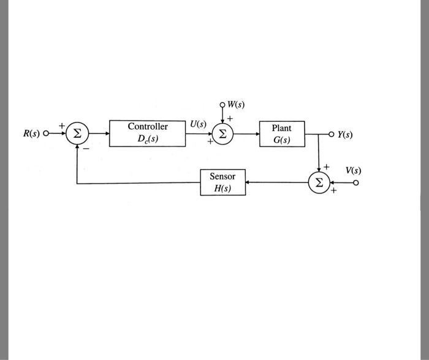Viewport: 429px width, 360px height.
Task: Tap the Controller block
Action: tap(148, 133)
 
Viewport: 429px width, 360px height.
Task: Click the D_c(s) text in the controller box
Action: tap(148, 140)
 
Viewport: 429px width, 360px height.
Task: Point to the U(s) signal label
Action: tap(197, 124)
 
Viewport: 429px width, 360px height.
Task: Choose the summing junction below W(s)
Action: tap(222, 133)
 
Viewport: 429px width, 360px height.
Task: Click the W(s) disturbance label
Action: tap(235, 104)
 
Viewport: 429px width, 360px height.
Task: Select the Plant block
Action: tap(282, 134)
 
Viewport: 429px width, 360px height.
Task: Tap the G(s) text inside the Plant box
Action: tap(282, 141)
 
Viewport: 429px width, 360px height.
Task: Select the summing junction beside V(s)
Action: tap(319, 182)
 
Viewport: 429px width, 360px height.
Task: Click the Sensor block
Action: tap(222, 182)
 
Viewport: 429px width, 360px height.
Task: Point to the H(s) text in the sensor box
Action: tap(222, 189)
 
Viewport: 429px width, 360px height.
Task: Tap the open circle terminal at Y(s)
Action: tap(332, 134)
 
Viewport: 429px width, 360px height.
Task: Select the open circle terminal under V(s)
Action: tap(354, 182)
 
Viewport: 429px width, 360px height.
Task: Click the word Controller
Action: tap(148, 127)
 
